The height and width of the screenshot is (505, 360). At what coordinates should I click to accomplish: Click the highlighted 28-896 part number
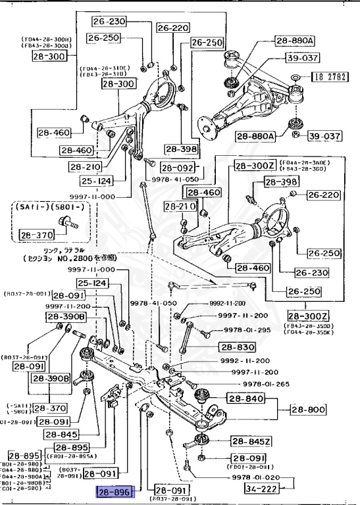click(x=115, y=491)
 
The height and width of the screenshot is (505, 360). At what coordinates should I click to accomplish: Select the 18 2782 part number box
click(x=328, y=77)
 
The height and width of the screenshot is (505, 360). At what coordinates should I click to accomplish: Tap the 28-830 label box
click(x=236, y=347)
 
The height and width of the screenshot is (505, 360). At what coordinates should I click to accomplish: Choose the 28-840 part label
click(x=245, y=398)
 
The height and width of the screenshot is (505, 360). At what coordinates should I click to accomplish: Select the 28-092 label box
click(x=177, y=168)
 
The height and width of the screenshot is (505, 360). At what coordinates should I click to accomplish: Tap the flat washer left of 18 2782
click(x=296, y=78)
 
